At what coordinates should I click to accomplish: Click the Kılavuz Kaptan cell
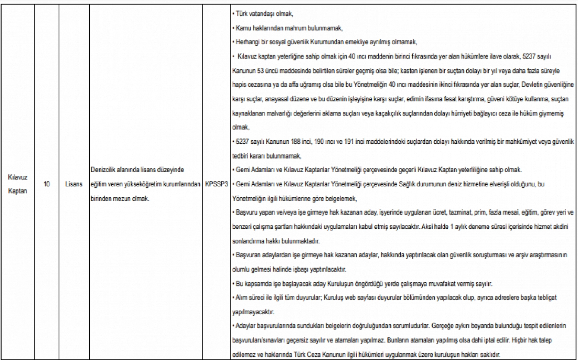pyautogui.click(x=18, y=184)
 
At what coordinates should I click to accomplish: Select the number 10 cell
pyautogui.click(x=46, y=184)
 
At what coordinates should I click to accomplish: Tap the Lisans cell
pyautogui.click(x=74, y=184)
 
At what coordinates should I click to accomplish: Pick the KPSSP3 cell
pyautogui.click(x=216, y=184)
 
